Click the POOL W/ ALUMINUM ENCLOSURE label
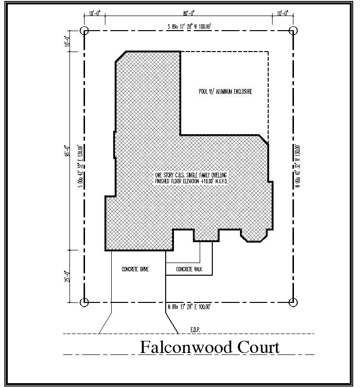(225, 91)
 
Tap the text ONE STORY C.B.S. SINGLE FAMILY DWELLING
(191, 175)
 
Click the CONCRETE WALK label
(189, 269)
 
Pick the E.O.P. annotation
(195, 330)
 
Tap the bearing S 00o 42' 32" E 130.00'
(80, 169)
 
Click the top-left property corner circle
(85, 31)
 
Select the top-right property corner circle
(292, 31)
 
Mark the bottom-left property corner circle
(85, 302)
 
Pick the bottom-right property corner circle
(292, 302)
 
